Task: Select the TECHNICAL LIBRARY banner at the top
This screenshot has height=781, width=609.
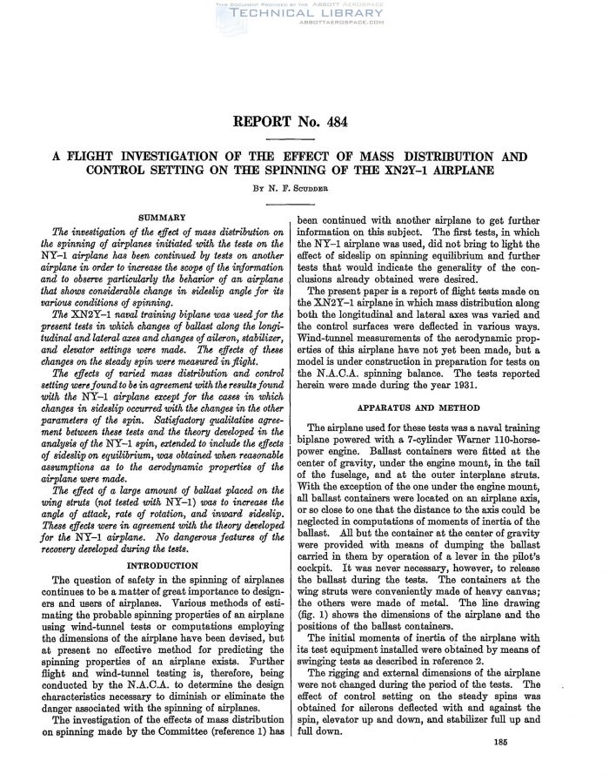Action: coord(304,15)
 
